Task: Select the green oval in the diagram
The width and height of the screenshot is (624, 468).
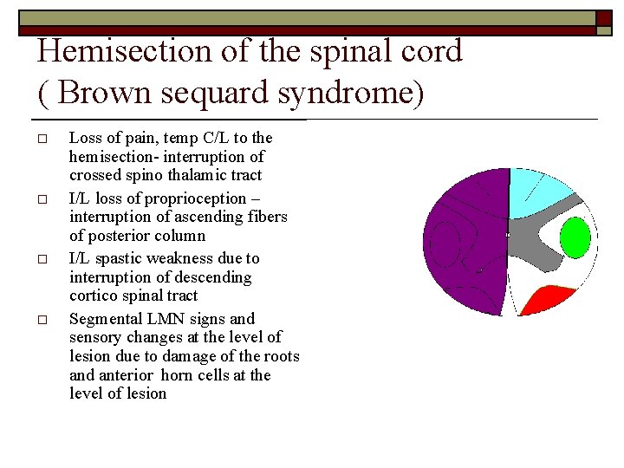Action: pyautogui.click(x=575, y=237)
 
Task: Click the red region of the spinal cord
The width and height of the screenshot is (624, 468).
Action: pyautogui.click(x=554, y=300)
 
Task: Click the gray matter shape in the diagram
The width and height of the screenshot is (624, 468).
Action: pyautogui.click(x=533, y=251)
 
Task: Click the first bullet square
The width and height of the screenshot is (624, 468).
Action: pyautogui.click(x=42, y=139)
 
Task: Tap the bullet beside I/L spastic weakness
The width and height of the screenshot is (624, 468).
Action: pyautogui.click(x=42, y=260)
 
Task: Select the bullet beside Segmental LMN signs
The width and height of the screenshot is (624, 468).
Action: pyautogui.click(x=42, y=320)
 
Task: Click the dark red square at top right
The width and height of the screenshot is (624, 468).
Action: pyautogui.click(x=603, y=18)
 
